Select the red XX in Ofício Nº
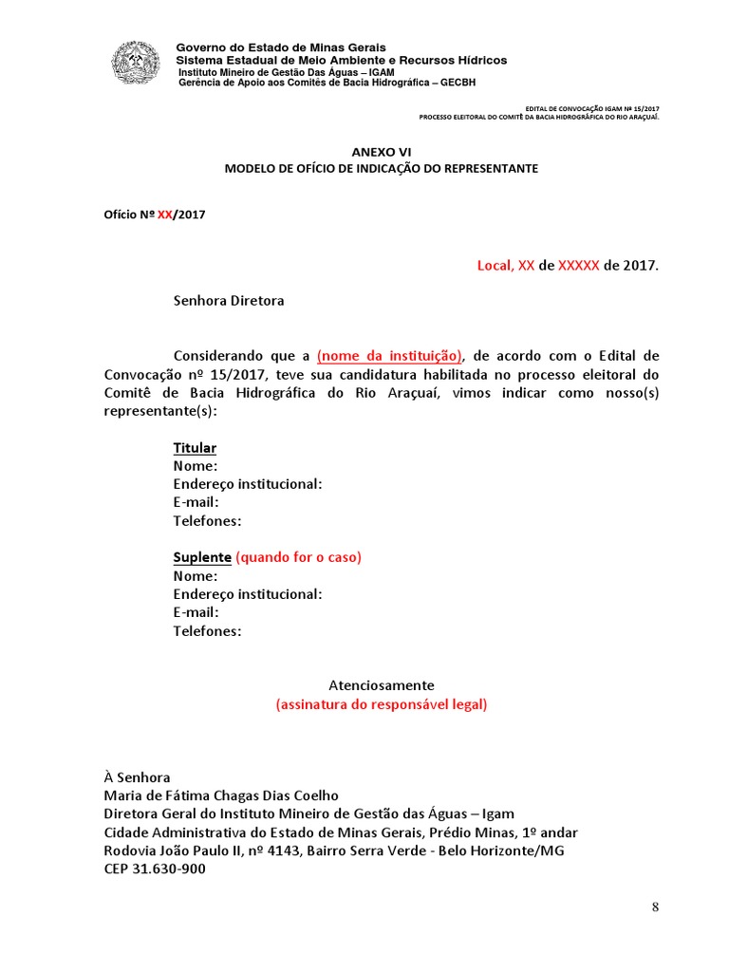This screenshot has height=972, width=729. pos(164,215)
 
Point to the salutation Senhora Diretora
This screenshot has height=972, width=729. pos(229,301)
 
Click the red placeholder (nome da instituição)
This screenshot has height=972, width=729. pos(389,356)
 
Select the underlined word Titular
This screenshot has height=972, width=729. pos(195,447)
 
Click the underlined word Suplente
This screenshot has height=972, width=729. pos(202,557)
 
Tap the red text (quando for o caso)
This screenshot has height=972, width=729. pos(298,557)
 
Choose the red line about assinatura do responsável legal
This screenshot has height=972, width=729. pos(382,704)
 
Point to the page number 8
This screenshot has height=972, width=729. pos(655,907)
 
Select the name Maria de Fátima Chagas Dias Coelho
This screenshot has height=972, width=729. pos(221,795)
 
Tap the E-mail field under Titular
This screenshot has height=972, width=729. pos(196,502)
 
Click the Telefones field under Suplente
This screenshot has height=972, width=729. pos(207,631)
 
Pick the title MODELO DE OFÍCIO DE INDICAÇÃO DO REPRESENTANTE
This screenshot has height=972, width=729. pos(382,168)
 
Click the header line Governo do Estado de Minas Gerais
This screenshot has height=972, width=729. pos(282,47)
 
